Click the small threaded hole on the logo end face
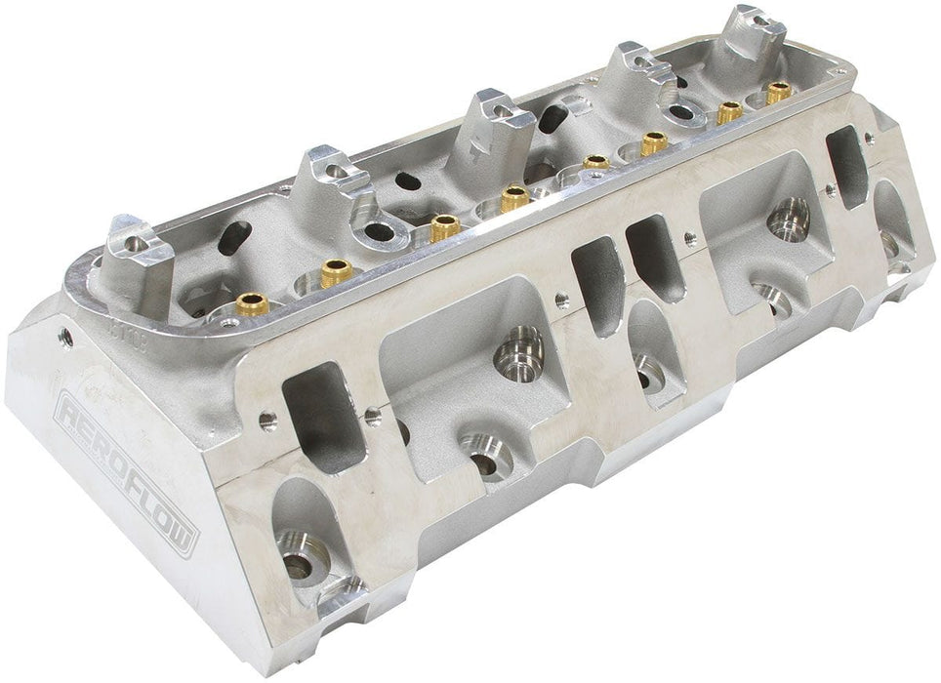coord(64,338)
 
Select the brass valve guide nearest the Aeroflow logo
coord(251,300)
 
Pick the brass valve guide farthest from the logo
coord(778,94)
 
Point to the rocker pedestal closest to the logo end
coord(139,245)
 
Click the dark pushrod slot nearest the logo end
coord(235,237)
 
